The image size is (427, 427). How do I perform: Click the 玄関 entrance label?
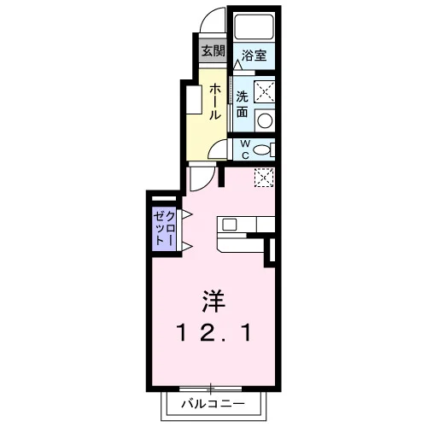click(213, 51)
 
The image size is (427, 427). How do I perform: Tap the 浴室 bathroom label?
click(254, 56)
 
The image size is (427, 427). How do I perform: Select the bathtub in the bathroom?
click(254, 26)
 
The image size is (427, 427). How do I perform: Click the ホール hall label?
click(215, 102)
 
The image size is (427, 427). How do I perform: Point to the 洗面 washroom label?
click(242, 104)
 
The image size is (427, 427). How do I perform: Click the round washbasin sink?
click(265, 120)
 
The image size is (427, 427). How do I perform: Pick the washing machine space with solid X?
click(265, 91)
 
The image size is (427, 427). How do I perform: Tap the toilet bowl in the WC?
click(261, 149)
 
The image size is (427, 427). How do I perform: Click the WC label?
click(245, 149)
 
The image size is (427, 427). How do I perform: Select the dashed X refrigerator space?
click(264, 178)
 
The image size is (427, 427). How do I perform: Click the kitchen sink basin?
click(230, 225)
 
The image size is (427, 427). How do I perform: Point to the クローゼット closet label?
click(163, 229)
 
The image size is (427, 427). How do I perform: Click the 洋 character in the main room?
click(213, 301)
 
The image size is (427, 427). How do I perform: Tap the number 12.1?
click(213, 333)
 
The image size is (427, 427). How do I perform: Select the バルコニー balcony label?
click(213, 404)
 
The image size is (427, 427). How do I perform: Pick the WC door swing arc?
click(215, 147)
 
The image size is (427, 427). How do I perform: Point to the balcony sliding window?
click(211, 389)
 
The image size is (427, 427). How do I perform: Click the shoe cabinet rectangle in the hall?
click(194, 100)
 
